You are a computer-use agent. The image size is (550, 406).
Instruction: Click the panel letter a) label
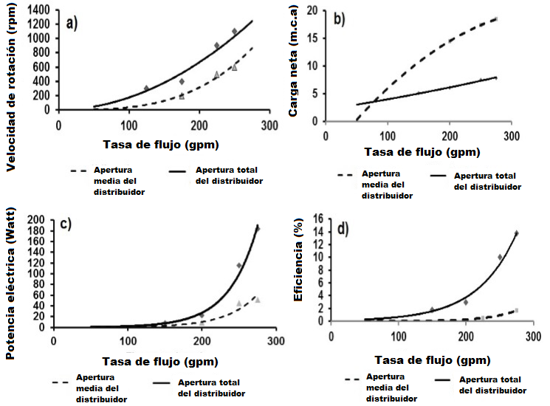pyautogui.click(x=72, y=23)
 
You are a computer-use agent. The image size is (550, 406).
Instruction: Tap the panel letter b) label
pyautogui.click(x=340, y=20)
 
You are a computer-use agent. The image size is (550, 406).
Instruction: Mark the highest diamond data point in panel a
pyautogui.click(x=235, y=32)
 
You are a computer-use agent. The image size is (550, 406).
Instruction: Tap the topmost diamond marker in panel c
pyautogui.click(x=257, y=229)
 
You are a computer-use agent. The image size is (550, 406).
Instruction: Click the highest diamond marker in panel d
pyautogui.click(x=515, y=233)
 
